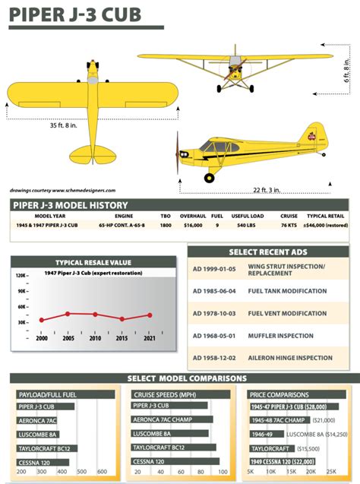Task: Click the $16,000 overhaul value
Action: pos(193,226)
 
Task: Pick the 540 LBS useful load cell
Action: pos(247,226)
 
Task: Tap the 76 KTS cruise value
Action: pos(289,226)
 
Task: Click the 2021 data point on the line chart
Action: pos(149,315)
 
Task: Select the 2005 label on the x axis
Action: pos(68,338)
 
